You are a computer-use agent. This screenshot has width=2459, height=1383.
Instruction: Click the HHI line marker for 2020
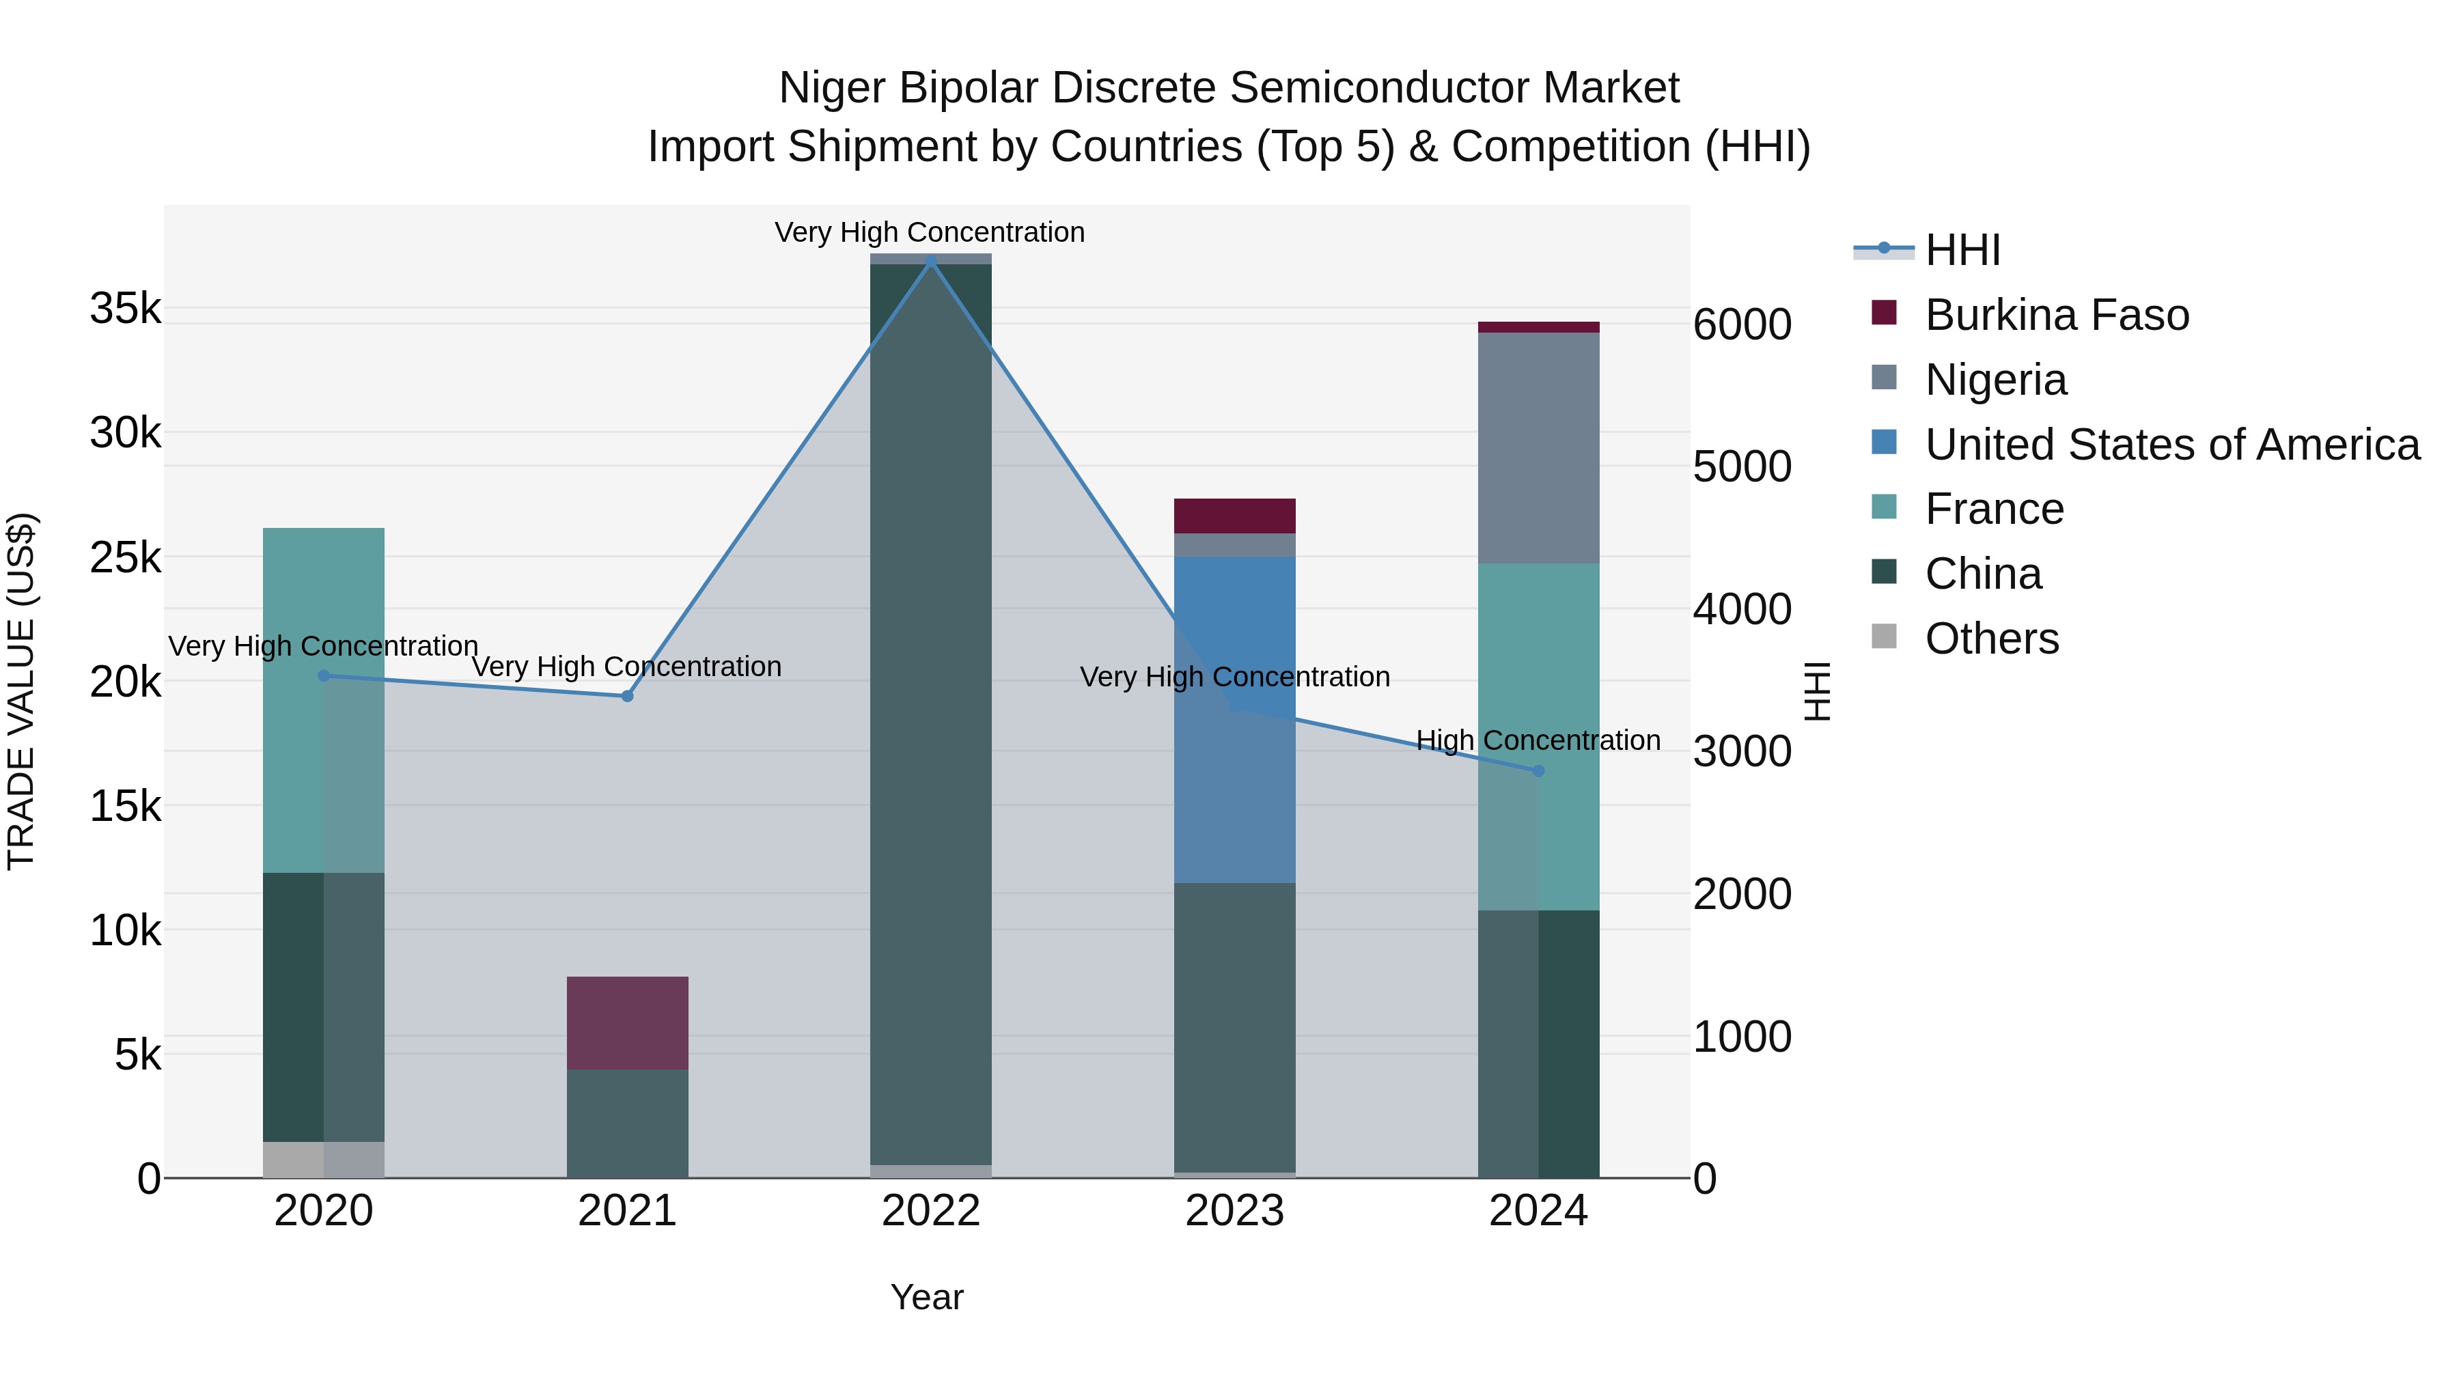[x=324, y=675]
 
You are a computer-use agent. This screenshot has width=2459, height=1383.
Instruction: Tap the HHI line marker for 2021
[x=627, y=696]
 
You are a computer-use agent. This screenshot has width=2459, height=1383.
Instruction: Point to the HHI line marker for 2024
[x=1538, y=770]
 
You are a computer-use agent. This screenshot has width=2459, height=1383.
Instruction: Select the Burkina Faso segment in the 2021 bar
[x=627, y=1022]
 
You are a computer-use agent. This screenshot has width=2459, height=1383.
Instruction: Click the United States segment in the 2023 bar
[x=1234, y=720]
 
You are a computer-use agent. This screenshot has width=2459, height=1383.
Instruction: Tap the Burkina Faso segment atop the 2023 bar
[x=1234, y=516]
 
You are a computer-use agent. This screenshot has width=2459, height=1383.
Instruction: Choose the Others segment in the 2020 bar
[x=324, y=1160]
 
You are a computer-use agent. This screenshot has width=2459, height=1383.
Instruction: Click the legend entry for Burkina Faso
[x=2056, y=315]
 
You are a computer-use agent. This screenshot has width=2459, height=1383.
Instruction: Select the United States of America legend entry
[x=2171, y=445]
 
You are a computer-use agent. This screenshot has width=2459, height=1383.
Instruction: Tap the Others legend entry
[x=1991, y=639]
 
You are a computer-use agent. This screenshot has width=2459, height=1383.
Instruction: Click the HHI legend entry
[x=1962, y=250]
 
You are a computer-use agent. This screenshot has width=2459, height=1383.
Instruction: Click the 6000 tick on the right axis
[x=1742, y=324]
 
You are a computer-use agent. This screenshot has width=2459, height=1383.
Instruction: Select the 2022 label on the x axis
[x=931, y=1211]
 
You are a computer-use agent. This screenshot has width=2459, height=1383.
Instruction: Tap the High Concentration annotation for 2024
[x=1538, y=740]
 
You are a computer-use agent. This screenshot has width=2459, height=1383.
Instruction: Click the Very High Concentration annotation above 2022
[x=930, y=232]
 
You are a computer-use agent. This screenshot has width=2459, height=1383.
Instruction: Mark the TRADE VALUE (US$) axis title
[x=21, y=691]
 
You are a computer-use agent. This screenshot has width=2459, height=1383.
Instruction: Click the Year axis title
[x=927, y=1297]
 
